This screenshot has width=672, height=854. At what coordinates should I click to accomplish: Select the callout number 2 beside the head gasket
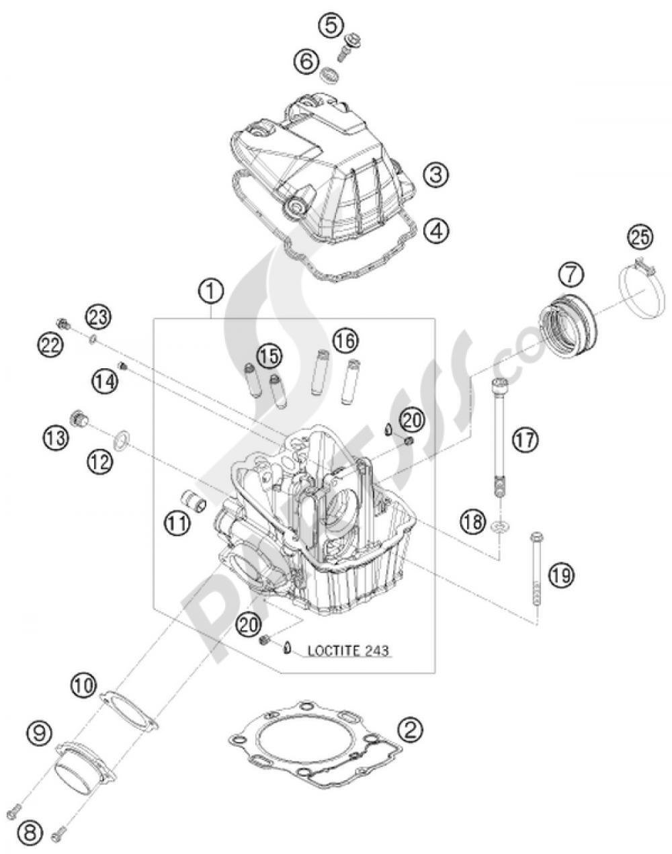coord(411,728)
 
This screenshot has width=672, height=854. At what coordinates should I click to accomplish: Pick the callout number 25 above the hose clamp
coord(640,237)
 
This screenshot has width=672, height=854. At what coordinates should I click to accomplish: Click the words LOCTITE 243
coord(348,650)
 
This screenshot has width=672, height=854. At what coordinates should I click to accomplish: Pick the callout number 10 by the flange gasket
coord(82,686)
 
